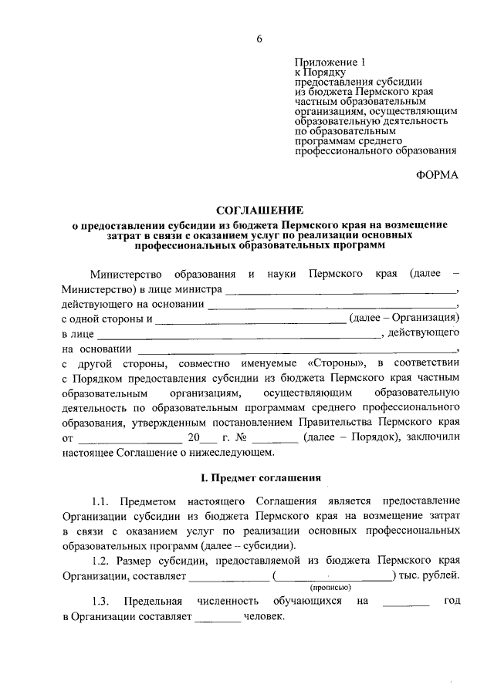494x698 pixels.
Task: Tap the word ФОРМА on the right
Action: pyautogui.click(x=436, y=175)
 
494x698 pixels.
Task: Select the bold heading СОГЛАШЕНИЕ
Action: pyautogui.click(x=259, y=210)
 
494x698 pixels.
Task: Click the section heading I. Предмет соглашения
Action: pyautogui.click(x=259, y=479)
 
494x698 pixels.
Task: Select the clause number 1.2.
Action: pyautogui.click(x=103, y=560)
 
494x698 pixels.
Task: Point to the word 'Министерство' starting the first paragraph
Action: pyautogui.click(x=123, y=275)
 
